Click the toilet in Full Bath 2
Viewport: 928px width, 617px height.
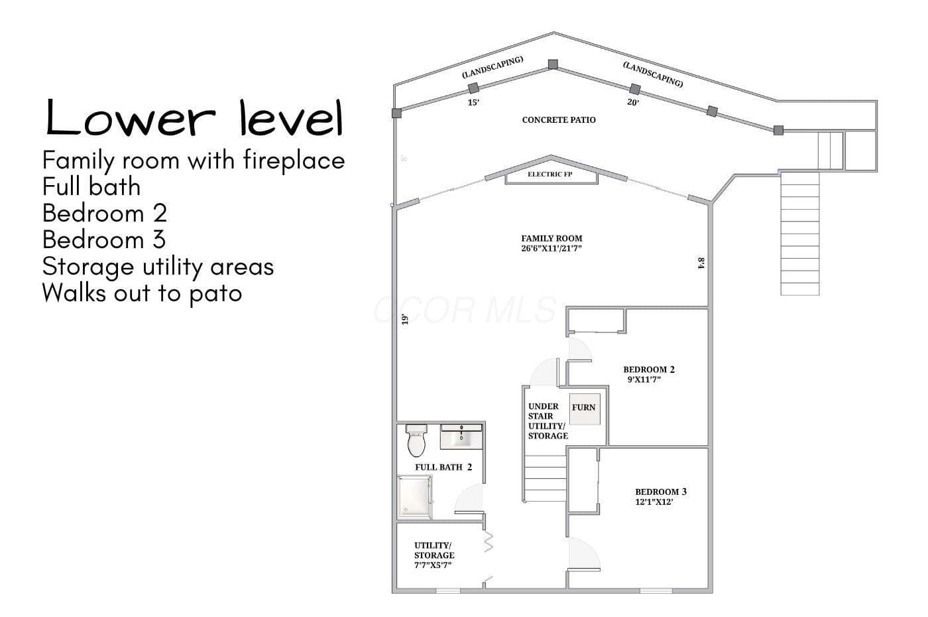(x=416, y=441)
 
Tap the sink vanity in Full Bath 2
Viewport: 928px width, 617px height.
(x=461, y=437)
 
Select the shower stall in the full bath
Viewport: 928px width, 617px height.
(x=415, y=497)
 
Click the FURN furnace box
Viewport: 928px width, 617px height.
(x=585, y=409)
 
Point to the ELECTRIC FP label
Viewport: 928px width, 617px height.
(x=550, y=174)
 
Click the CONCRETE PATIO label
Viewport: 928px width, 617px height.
(x=559, y=120)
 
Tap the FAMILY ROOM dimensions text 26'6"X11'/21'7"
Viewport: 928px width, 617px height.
(x=551, y=248)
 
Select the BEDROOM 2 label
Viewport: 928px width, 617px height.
(x=649, y=370)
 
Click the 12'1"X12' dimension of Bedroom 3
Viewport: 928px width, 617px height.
(x=654, y=502)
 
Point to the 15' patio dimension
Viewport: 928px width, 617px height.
(x=473, y=102)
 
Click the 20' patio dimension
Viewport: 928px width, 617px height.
(x=633, y=102)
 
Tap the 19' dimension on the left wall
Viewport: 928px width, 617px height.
(x=405, y=319)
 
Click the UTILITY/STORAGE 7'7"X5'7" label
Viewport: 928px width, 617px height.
(x=434, y=555)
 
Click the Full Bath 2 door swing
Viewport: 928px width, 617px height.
(x=469, y=499)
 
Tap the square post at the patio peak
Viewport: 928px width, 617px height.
(x=553, y=64)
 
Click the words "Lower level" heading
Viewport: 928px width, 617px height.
(x=194, y=117)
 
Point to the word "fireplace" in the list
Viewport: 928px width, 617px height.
(x=294, y=161)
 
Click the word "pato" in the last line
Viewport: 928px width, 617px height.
(x=215, y=294)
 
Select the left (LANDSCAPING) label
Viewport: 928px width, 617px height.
(x=493, y=67)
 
